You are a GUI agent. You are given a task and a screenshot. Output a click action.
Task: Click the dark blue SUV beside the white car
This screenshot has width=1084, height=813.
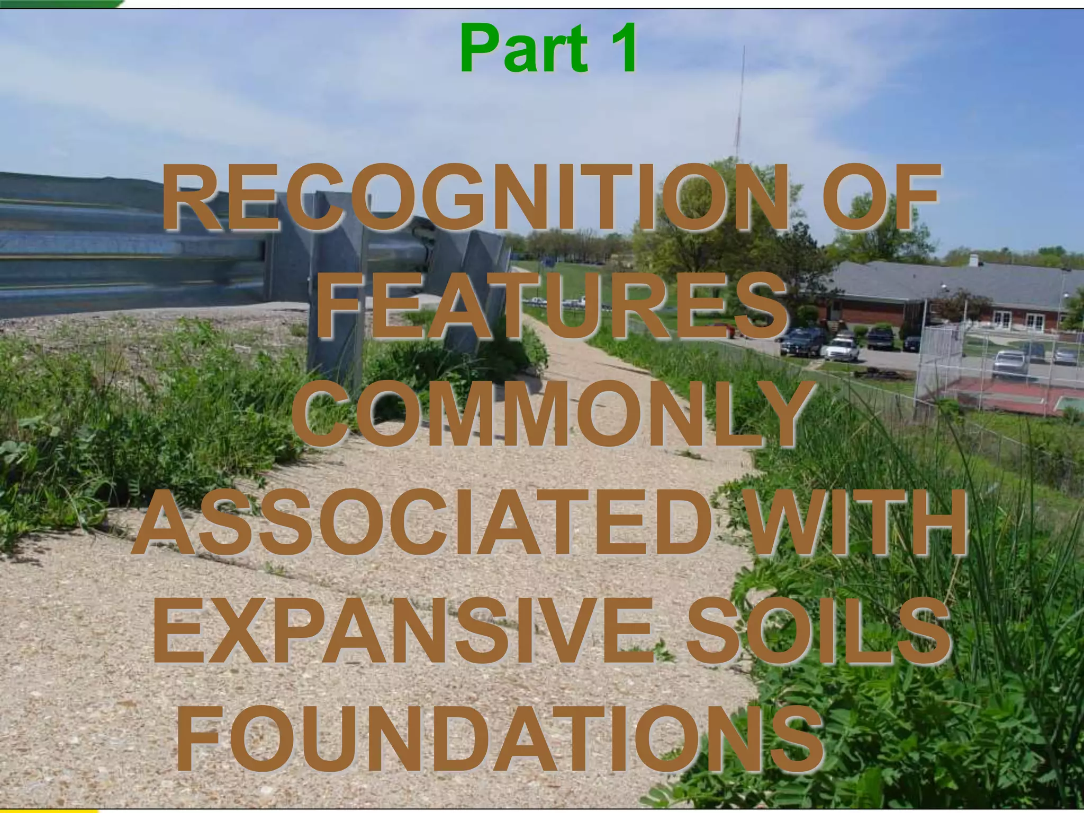(802, 341)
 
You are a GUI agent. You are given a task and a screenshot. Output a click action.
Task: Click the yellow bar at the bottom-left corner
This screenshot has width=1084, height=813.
(48, 810)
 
